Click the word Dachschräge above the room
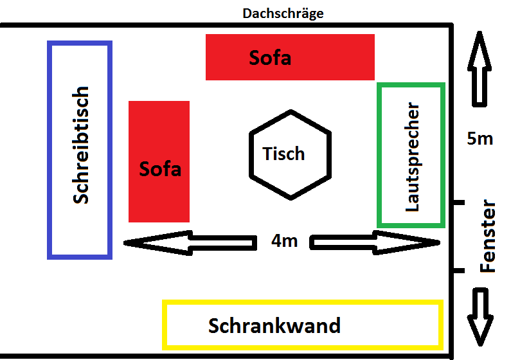[x=283, y=12]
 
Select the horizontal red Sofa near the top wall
[x=290, y=57]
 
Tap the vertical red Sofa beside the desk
[x=159, y=162]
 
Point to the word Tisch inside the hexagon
[x=283, y=154]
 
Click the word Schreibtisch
[x=80, y=146]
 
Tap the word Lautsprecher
[x=413, y=157]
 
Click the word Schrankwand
[x=274, y=326]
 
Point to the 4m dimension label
[x=284, y=241]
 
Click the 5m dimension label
[x=480, y=138]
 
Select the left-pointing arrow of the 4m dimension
[x=158, y=243]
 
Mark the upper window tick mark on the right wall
[x=457, y=203]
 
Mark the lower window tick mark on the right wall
[x=457, y=271]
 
